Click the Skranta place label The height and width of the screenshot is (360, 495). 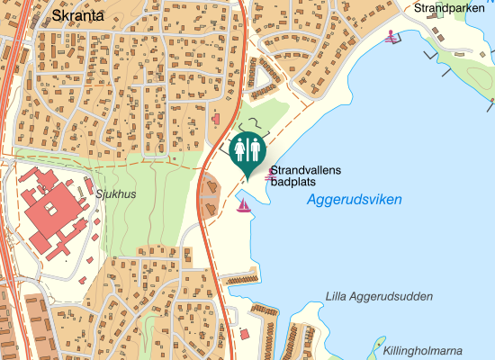[x=78, y=15]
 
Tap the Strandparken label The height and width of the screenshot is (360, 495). [x=449, y=8]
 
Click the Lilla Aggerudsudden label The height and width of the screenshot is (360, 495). [x=379, y=296]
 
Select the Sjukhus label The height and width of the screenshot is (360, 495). [x=113, y=193]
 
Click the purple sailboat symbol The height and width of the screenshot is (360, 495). [x=243, y=206]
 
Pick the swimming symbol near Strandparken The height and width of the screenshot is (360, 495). [x=391, y=37]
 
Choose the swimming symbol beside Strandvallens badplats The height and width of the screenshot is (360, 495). [x=268, y=175]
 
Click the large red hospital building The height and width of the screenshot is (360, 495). [x=50, y=211]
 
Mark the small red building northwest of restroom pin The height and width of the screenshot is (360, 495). [x=214, y=118]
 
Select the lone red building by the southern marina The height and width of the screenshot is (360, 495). [x=245, y=335]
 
